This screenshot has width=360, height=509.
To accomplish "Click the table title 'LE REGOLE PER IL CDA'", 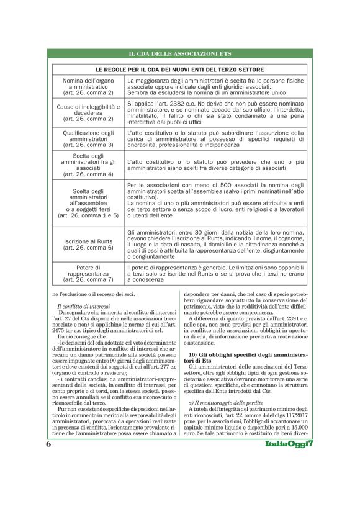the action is pos(179,70).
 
